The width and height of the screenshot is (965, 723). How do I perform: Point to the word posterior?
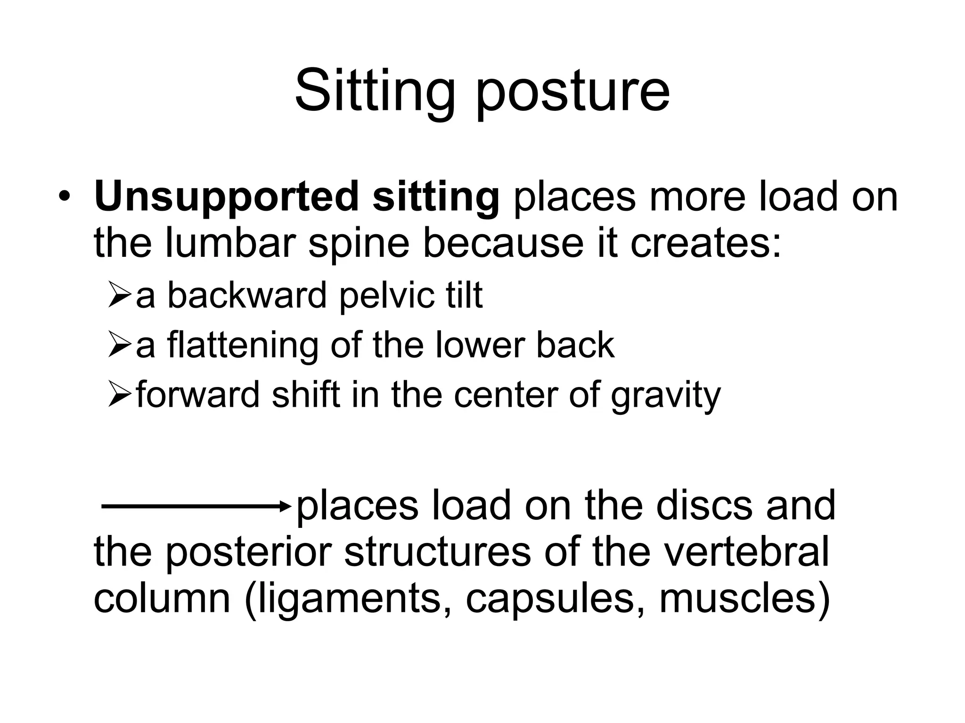click(x=250, y=553)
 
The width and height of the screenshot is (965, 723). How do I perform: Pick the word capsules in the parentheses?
click(x=556, y=600)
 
